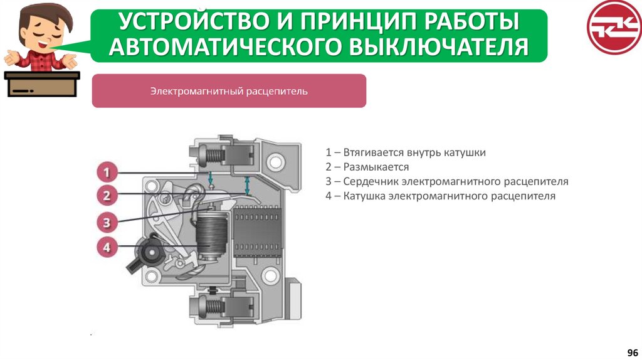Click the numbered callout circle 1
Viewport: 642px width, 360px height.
(107, 172)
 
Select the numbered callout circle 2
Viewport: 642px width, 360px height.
(107, 195)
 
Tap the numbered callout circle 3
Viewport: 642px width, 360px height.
(107, 223)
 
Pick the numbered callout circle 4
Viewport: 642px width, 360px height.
(107, 247)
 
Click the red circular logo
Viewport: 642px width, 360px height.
(614, 27)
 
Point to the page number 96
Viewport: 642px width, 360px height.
(633, 352)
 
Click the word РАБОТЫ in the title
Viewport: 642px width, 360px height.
(471, 21)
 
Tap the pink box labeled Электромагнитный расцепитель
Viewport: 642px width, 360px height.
(229, 91)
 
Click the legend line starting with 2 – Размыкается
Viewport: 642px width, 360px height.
(367, 167)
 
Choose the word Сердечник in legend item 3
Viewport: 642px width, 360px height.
(371, 181)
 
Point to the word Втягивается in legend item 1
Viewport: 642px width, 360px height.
(374, 153)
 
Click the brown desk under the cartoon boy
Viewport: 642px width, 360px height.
(42, 84)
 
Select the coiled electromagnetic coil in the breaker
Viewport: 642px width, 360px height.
(211, 236)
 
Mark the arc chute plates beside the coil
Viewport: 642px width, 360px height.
(257, 232)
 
